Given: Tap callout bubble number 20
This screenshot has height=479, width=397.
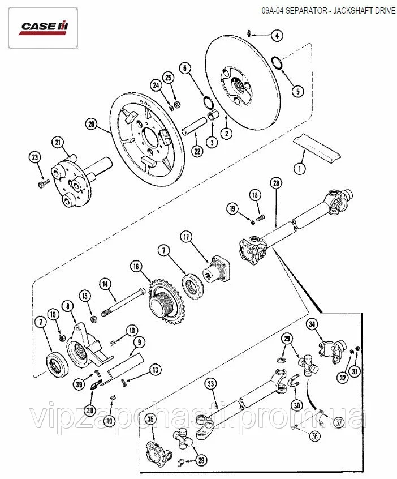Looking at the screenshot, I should pos(92,123).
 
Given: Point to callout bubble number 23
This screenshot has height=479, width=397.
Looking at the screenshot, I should pos(36,158).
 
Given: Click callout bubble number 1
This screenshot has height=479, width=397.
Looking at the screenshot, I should pos(299,168).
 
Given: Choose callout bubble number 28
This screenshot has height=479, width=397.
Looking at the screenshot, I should pos(276,183).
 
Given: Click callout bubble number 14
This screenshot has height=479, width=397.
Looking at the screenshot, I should pos(105,283).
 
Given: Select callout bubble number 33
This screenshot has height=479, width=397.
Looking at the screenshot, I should pos(210,385).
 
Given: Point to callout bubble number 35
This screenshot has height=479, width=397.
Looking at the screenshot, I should pos(150,420).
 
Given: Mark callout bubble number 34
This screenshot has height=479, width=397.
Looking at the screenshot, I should pos(312,324).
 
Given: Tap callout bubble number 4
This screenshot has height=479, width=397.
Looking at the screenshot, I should pos(277,36).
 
